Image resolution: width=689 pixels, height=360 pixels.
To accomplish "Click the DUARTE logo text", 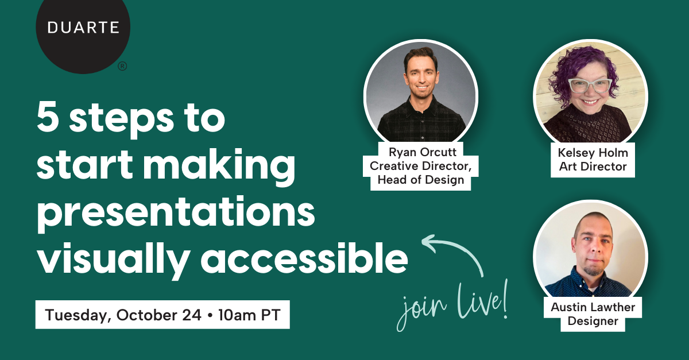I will point(83,27).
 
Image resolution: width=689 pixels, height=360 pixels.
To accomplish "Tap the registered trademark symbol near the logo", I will point(122,67).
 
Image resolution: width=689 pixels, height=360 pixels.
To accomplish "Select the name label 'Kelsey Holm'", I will point(593,153).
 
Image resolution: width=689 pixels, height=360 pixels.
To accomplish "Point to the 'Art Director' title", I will point(593,167).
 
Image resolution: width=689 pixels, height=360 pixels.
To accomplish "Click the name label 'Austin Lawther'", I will point(593,307).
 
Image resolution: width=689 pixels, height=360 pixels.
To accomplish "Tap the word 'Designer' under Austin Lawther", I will point(593,321).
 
